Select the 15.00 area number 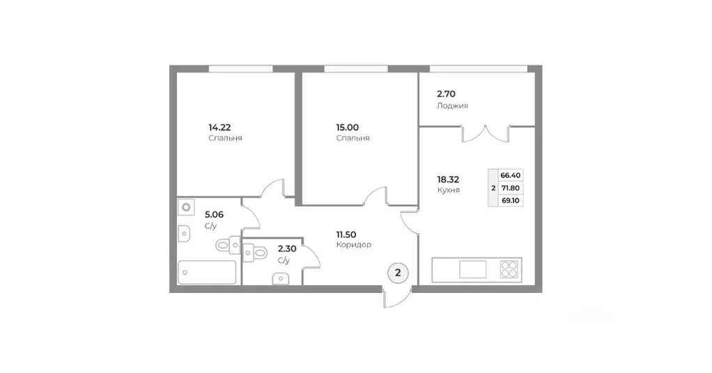[x=347, y=127]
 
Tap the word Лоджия [x=452, y=106]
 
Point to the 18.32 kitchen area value [x=448, y=178]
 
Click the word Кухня [x=448, y=189]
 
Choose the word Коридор [x=353, y=245]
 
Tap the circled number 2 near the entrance [x=398, y=273]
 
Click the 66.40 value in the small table [x=511, y=175]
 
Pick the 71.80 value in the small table [x=511, y=187]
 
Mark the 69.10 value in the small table [x=511, y=200]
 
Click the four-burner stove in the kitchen [x=510, y=269]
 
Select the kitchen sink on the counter [x=472, y=269]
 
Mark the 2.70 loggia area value [x=446, y=93]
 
